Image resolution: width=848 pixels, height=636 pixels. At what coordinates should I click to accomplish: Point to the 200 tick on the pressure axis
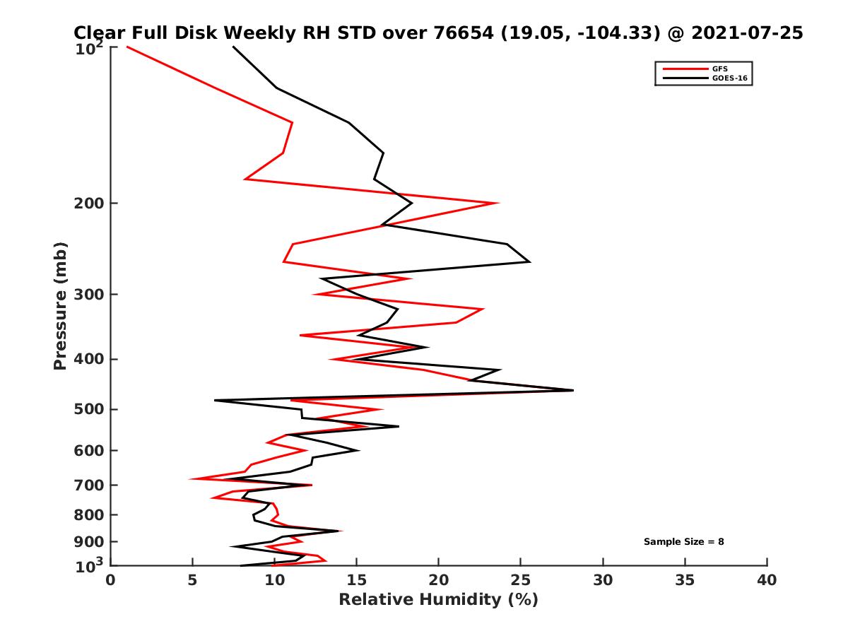tap(89, 204)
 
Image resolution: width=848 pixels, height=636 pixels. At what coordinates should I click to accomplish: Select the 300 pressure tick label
tap(89, 295)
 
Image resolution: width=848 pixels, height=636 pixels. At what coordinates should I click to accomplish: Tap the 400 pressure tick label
tap(89, 359)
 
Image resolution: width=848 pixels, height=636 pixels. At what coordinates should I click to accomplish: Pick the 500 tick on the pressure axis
tap(89, 409)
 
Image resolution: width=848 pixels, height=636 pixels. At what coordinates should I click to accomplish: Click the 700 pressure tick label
tap(89, 485)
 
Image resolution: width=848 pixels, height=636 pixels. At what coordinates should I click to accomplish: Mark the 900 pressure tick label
tap(89, 542)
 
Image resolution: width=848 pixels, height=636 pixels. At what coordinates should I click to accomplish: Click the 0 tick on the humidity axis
tap(111, 580)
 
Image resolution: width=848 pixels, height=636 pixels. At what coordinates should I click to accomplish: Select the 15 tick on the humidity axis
tap(356, 580)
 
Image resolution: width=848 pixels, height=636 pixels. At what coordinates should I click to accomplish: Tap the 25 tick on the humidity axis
tap(521, 580)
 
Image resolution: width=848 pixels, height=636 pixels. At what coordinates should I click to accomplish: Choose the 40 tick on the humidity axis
tap(767, 580)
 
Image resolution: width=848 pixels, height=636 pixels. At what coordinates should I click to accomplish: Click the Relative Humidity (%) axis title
tap(438, 600)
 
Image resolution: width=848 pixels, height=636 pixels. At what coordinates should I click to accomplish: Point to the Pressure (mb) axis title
tap(60, 305)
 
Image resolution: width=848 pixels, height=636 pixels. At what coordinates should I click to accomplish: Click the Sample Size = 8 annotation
tap(683, 542)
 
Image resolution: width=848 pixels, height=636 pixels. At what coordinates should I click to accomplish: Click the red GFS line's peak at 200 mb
tap(498, 204)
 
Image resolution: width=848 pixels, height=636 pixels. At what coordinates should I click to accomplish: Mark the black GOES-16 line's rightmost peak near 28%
tap(573, 390)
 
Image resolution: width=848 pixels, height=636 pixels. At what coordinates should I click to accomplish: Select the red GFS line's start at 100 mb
tap(127, 47)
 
